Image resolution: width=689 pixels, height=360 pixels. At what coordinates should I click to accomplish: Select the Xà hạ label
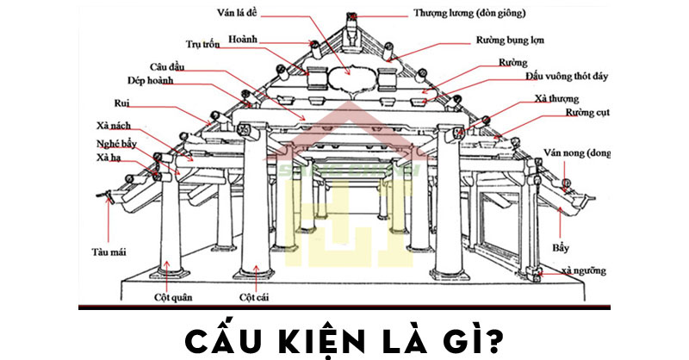pyautogui.click(x=108, y=159)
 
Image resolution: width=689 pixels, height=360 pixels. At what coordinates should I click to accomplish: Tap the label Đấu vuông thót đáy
pyautogui.click(x=567, y=77)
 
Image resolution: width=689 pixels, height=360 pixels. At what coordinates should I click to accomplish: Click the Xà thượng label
pyautogui.click(x=556, y=98)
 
